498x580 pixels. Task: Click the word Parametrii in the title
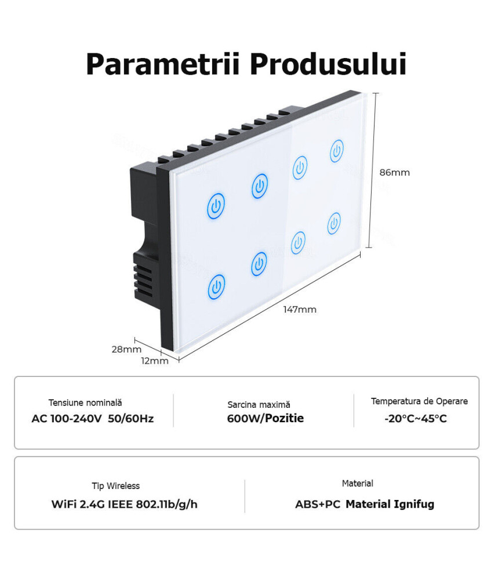click(163, 64)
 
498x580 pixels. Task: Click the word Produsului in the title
click(328, 64)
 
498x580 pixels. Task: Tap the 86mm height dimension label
click(394, 172)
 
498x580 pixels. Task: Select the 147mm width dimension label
click(300, 309)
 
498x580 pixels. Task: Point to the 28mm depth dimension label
click(126, 349)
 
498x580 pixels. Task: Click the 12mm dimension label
click(155, 361)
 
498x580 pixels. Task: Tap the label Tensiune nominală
click(85, 403)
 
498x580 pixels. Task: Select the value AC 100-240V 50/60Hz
click(92, 419)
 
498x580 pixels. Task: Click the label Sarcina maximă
click(259, 405)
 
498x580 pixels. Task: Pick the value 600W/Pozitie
click(266, 418)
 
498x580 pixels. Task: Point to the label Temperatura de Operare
click(419, 401)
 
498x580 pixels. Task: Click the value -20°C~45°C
click(416, 418)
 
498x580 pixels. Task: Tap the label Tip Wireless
click(116, 485)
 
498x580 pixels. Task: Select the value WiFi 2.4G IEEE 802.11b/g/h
click(124, 504)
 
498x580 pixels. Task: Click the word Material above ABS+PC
click(358, 484)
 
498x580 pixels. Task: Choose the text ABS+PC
click(318, 504)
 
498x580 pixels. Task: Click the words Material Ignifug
click(390, 504)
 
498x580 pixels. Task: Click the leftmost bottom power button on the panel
click(216, 287)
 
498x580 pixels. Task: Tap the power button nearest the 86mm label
click(337, 151)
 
